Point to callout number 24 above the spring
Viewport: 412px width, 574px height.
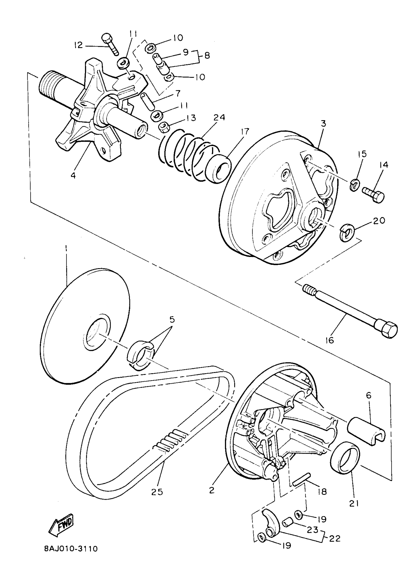(x=219, y=118)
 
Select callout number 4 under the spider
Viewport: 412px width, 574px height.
(x=73, y=176)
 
